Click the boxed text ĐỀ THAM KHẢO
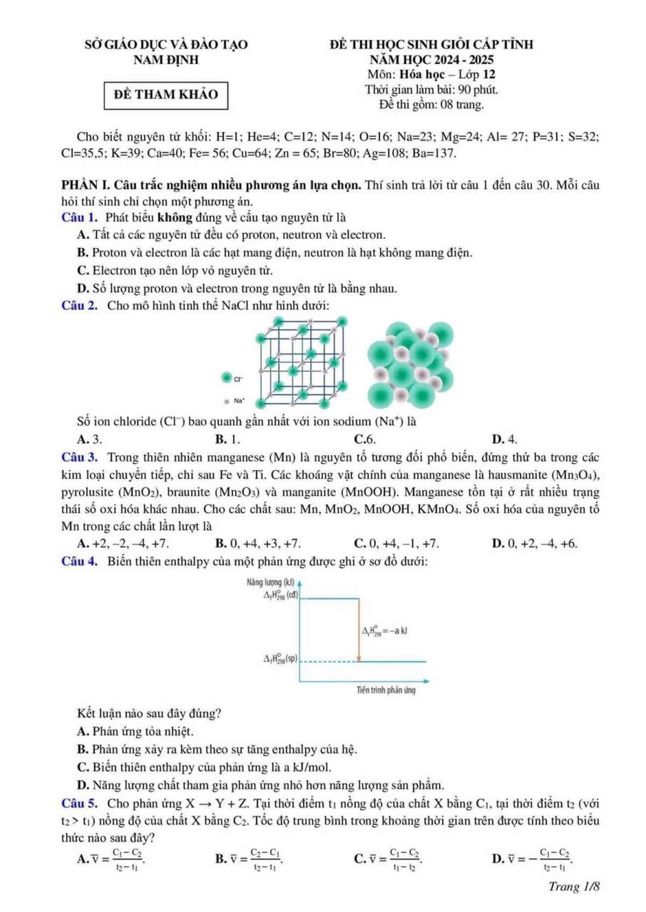coord(166,95)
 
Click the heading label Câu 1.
coord(80,218)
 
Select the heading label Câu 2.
coord(80,306)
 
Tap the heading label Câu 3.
coord(80,458)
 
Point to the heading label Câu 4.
coord(80,562)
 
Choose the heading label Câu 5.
coord(80,803)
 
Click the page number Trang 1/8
coord(574,886)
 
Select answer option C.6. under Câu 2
coord(364,439)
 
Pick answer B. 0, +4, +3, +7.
coord(258,543)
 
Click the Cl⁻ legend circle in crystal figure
coord(227,378)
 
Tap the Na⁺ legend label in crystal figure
coord(239,401)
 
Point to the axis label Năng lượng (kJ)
coord(270,582)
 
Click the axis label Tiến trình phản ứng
coord(386,690)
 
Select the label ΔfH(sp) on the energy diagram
coord(280,659)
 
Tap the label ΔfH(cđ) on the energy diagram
coord(280,595)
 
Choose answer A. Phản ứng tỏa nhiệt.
coord(135,732)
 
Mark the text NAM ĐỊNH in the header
coord(166,60)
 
